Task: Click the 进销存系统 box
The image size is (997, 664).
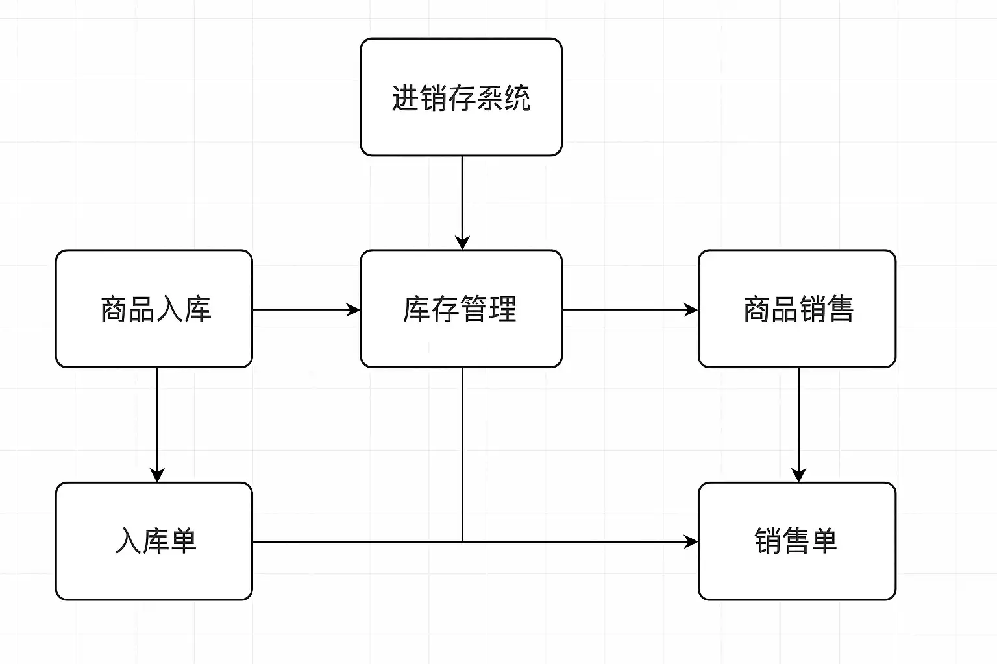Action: click(461, 97)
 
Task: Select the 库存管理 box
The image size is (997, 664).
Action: click(461, 309)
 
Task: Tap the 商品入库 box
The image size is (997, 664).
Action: click(154, 309)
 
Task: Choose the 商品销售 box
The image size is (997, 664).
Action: click(797, 309)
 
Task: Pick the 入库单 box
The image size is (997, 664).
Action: click(154, 541)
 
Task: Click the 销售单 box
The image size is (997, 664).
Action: click(797, 541)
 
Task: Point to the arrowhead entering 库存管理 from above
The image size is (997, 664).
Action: click(462, 243)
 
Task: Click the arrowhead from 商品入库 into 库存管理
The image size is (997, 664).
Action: click(353, 310)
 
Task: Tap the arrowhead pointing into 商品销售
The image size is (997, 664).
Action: click(691, 310)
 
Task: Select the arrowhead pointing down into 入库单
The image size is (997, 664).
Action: click(157, 475)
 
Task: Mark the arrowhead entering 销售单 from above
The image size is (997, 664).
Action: click(798, 475)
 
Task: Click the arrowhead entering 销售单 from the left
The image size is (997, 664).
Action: click(691, 541)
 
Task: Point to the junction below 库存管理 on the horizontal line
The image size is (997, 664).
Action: click(462, 541)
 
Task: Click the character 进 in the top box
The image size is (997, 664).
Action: click(405, 98)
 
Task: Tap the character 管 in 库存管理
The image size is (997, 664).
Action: click(474, 309)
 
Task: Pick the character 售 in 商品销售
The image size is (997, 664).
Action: click(840, 309)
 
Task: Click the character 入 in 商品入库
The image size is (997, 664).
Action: click(169, 309)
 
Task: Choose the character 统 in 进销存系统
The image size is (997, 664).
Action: click(517, 98)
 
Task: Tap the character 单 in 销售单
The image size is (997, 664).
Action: click(824, 541)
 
